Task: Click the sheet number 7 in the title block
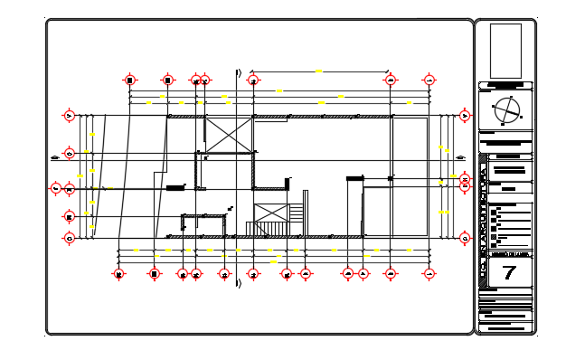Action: [x=508, y=272]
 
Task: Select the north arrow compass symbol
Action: [x=506, y=112]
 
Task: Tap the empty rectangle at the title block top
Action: [x=505, y=52]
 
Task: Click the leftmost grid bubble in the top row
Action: [x=130, y=81]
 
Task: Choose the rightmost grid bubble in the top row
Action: [x=428, y=81]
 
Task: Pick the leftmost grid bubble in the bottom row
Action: [x=118, y=274]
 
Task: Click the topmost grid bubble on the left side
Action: [x=69, y=115]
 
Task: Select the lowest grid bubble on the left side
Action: [x=69, y=238]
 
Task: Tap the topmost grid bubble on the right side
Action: [x=465, y=115]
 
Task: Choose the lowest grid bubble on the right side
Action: [x=465, y=238]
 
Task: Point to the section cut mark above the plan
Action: [x=238, y=72]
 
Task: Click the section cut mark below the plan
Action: [x=238, y=284]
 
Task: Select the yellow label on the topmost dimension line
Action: [x=318, y=71]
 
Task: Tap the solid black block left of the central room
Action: [x=175, y=187]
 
